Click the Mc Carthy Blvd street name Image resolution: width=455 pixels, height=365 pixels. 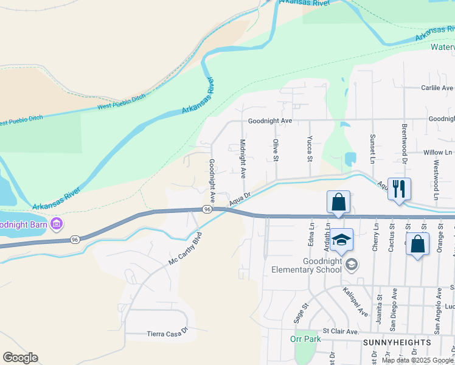[184, 248]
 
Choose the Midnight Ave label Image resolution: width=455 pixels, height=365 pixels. [243, 158]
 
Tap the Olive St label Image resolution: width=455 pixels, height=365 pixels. [276, 150]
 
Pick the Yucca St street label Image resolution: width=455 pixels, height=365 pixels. [310, 149]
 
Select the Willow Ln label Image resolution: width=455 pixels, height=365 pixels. [438, 152]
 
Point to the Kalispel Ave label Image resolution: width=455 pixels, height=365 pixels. [355, 302]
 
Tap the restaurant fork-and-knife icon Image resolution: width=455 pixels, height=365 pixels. [399, 189]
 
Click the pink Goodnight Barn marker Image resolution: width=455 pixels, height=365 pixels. [57, 223]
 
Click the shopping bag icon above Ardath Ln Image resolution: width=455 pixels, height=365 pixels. [338, 202]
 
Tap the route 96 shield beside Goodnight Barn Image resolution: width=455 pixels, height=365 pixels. [74, 239]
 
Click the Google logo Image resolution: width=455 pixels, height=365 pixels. [20, 358]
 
